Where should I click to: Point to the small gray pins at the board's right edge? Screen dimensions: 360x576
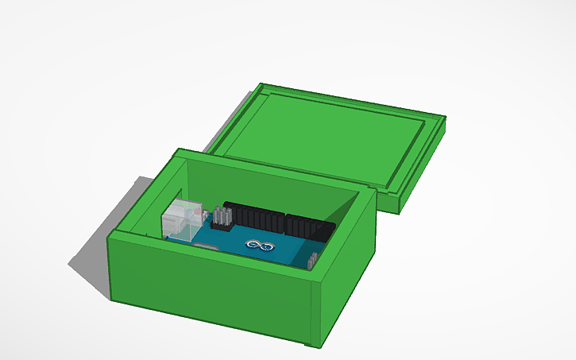point(314,260)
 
